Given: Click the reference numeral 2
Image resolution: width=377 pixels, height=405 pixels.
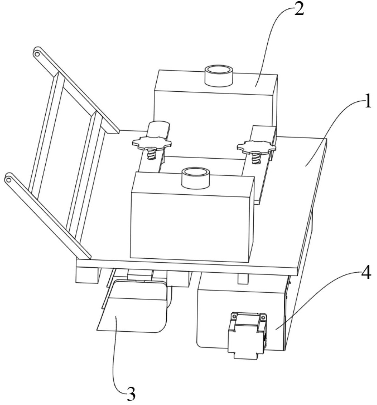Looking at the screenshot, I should [x=298, y=10].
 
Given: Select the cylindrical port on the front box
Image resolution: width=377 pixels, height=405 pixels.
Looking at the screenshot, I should [x=195, y=177].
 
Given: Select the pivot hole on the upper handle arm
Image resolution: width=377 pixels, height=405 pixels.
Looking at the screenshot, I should [x=38, y=54].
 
